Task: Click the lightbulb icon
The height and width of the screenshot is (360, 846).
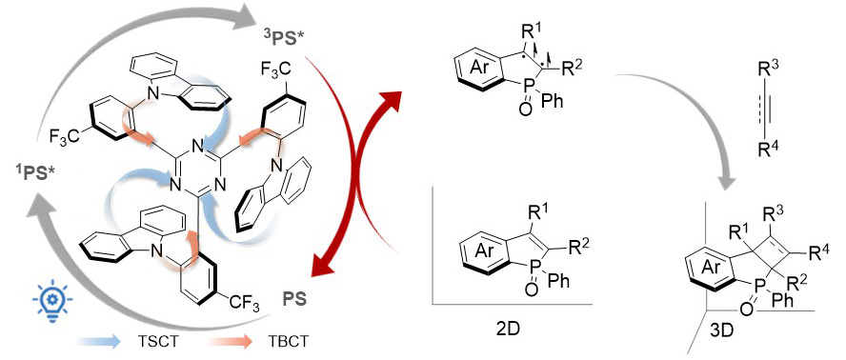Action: (52, 300)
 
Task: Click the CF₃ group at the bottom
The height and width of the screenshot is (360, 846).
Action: (247, 307)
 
